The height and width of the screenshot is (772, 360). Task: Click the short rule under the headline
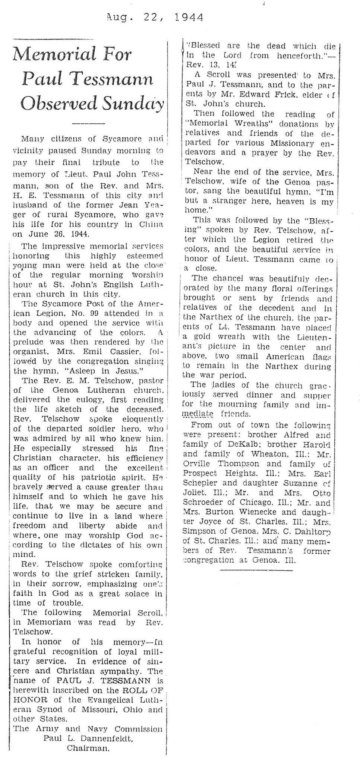pos(88,123)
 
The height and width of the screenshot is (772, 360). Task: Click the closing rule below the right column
pos(256,570)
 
